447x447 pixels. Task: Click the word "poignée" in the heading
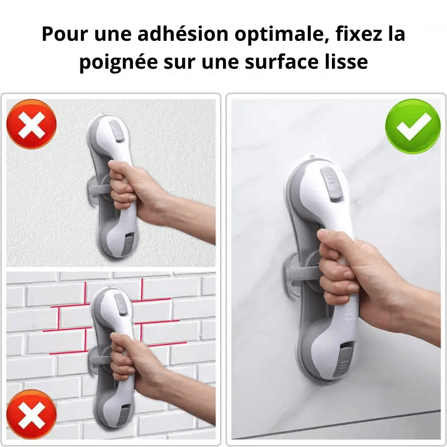[x=118, y=62]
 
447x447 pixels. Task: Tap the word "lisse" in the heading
[x=346, y=61]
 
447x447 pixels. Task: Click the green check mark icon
[x=412, y=126]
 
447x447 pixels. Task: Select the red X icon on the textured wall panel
[x=31, y=124]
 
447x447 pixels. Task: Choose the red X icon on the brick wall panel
[x=31, y=414]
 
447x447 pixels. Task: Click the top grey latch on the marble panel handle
[x=331, y=184]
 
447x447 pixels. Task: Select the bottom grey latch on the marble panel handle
[x=345, y=360]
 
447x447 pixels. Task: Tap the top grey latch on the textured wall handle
[x=116, y=131]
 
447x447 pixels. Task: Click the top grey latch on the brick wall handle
[x=121, y=305]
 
